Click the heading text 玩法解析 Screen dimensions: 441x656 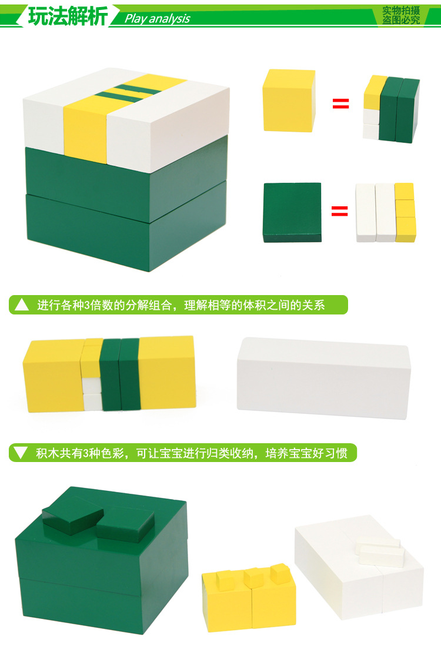68,16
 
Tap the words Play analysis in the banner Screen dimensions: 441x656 158,18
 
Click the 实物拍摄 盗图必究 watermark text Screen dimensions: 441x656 401,15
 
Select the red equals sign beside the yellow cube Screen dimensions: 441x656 340,103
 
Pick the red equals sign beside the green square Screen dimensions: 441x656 340,211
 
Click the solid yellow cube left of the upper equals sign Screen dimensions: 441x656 289,101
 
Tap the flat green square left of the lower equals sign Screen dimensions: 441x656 292,213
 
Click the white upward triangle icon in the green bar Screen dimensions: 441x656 22,304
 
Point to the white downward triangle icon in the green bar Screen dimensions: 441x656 21,453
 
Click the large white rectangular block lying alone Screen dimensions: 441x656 324,378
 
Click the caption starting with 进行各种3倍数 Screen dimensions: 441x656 181,305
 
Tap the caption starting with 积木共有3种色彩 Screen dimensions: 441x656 192,453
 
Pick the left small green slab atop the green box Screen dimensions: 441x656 72,515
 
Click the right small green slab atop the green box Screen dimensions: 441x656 126,525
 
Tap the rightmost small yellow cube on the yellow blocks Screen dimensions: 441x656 280,574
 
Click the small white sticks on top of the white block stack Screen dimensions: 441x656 380,552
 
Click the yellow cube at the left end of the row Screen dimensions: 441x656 53,376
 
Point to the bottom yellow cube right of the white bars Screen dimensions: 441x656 405,229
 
